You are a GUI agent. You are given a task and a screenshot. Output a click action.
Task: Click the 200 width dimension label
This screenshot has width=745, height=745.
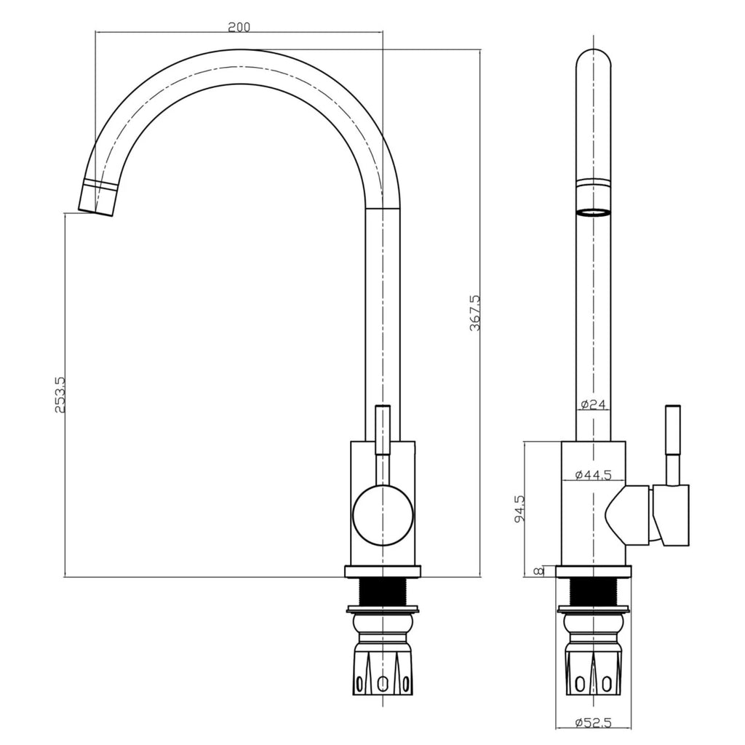[x=239, y=28]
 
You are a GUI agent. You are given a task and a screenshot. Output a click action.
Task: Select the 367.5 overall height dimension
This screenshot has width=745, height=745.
[x=474, y=313]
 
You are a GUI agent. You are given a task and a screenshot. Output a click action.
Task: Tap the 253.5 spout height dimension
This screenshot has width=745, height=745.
[x=60, y=395]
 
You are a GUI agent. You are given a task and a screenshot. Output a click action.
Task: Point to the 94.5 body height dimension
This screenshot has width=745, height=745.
[x=519, y=509]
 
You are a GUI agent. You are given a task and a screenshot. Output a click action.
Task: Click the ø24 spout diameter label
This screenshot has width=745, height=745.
[x=594, y=405]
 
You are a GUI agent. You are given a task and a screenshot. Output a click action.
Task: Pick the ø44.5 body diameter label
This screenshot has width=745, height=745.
[x=593, y=475]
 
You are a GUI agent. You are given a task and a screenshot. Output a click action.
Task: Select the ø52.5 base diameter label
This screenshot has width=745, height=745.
[x=593, y=722]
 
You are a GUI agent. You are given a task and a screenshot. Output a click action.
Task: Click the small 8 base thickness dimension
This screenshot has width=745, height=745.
[x=538, y=571]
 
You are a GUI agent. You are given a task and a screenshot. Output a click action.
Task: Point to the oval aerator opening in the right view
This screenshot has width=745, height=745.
[x=593, y=212]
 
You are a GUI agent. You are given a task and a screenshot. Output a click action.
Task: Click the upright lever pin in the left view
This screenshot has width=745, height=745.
[x=382, y=429]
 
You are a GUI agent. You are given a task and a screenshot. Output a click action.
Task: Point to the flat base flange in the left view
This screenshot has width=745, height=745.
[x=382, y=572]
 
